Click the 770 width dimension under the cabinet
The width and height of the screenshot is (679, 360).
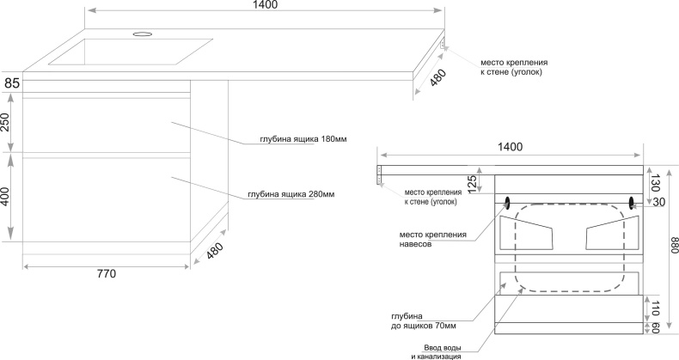coord(106,274)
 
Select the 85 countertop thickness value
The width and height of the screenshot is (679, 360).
coord(11,83)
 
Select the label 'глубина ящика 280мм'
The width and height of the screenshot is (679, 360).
coord(290,195)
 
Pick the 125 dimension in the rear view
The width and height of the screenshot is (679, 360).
coord(472,182)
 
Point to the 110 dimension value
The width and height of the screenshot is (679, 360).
coord(656,307)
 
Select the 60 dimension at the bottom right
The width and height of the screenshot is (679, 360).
coord(656,327)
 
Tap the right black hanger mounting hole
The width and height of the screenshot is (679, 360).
coord(633,203)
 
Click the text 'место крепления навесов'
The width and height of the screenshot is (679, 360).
coord(432,239)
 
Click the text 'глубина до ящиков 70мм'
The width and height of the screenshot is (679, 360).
coord(423,321)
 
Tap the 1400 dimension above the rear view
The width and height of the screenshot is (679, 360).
coord(511,147)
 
